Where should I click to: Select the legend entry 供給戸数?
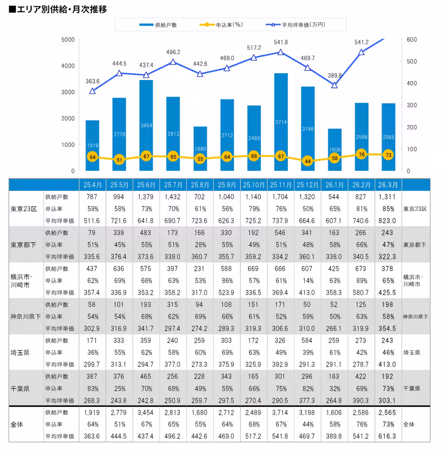(158, 25)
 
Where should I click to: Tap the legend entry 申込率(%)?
(221, 25)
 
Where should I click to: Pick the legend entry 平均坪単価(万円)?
(295, 25)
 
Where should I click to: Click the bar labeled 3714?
(281, 122)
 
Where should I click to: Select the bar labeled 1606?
(335, 150)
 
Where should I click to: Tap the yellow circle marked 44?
(308, 161)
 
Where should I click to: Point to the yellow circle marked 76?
(361, 154)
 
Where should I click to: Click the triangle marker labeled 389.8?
(334, 85)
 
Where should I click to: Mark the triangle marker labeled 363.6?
(92, 91)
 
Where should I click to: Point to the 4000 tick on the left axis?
(68, 66)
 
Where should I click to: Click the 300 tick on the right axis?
(412, 105)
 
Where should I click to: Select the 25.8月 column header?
(200, 185)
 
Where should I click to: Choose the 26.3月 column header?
(388, 185)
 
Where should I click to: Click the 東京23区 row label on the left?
(24, 209)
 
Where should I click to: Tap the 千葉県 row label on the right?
(412, 389)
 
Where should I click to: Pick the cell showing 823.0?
(387, 220)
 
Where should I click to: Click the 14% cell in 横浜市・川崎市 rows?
(308, 281)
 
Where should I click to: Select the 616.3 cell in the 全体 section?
(387, 436)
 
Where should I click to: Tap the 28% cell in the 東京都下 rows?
(200, 245)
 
